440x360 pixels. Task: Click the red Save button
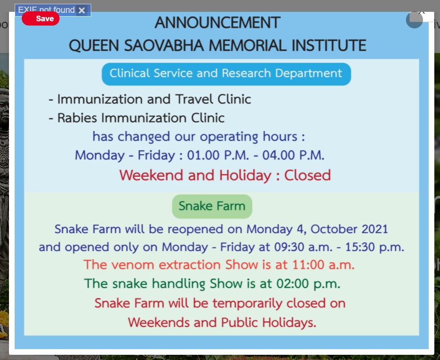point(41,18)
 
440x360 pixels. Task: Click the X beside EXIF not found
point(82,10)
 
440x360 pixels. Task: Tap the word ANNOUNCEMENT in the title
point(217,22)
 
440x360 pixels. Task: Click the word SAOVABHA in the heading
point(164,45)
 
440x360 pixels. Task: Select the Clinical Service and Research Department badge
point(226,74)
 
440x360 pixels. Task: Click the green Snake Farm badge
point(212,206)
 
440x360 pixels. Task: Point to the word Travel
point(194,99)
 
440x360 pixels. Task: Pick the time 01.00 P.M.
point(218,155)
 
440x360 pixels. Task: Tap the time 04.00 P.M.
point(293,155)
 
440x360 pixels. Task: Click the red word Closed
point(308,175)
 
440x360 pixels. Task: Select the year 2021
point(375,229)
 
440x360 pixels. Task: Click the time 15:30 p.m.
point(375,247)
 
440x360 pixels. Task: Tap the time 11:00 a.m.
point(323,265)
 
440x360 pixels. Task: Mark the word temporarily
point(247,304)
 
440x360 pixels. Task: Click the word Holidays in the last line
point(289,322)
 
